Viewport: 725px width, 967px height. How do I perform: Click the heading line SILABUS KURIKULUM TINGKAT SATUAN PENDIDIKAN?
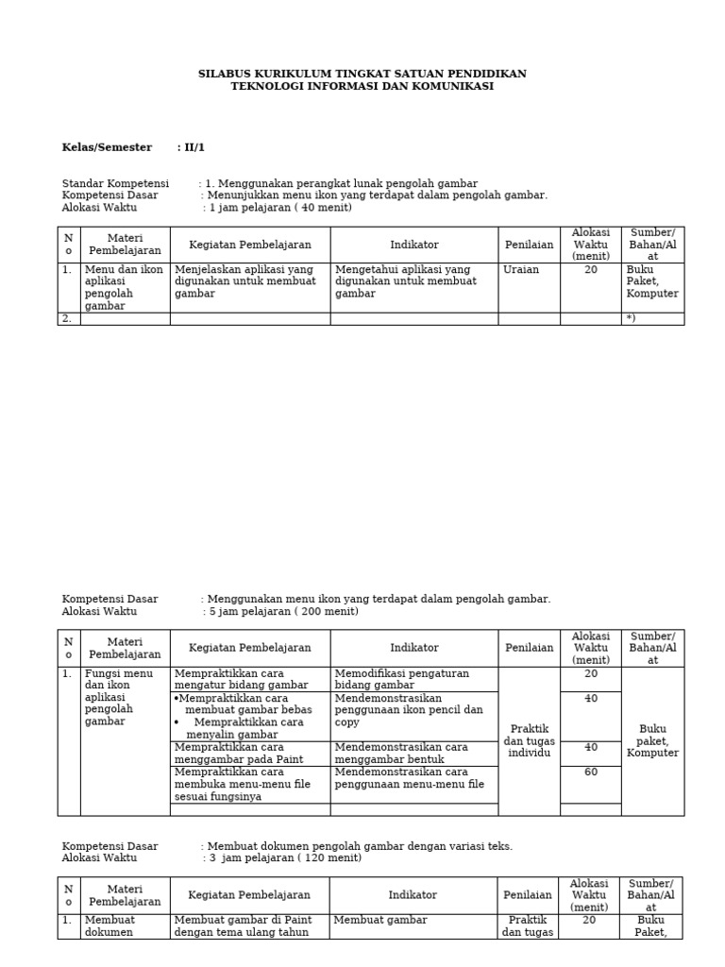[362, 74]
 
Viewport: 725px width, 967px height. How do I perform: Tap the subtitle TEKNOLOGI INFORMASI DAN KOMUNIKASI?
[362, 86]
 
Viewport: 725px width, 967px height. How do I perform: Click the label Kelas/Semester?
[107, 147]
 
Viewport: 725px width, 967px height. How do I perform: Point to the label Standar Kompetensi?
[115, 183]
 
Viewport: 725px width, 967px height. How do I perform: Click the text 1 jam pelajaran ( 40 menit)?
[280, 208]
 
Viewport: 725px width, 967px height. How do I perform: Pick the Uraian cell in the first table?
[522, 269]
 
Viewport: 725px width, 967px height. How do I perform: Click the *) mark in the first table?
[631, 319]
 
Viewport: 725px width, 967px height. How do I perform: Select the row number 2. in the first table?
[67, 319]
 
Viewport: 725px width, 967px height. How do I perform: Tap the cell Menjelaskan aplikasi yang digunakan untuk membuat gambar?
[244, 281]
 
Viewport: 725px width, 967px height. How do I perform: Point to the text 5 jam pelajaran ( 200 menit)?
[283, 611]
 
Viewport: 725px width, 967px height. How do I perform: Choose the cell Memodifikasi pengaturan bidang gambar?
[402, 679]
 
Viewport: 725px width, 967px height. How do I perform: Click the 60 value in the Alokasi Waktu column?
[591, 772]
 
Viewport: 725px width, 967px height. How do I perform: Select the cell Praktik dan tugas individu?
[529, 741]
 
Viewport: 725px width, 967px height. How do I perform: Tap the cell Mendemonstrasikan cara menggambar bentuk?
[402, 753]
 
